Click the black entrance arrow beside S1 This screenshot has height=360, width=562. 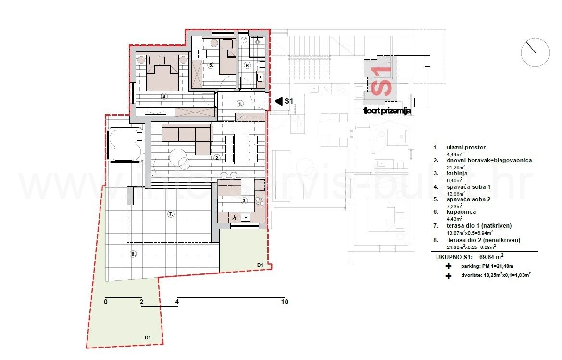(278, 101)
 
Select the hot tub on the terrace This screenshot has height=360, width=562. (125, 143)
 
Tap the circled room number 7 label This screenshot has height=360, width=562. (170, 214)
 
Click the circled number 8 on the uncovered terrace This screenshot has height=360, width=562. (133, 254)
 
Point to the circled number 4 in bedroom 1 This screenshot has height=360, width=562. (164, 97)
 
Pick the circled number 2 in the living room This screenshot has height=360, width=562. (217, 157)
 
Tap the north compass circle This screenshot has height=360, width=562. (535, 52)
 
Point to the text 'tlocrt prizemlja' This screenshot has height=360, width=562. (387, 111)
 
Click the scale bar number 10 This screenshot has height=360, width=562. (285, 302)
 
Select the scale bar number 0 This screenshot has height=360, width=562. (106, 302)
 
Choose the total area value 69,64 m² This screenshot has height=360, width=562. (490, 257)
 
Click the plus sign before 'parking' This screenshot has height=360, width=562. (449, 266)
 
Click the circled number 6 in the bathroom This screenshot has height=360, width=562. (248, 66)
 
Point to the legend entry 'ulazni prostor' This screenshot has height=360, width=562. (459, 148)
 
